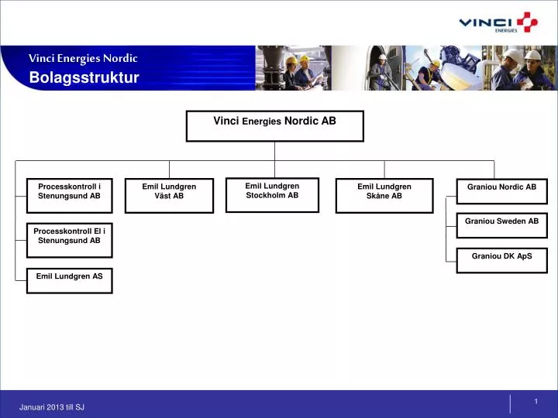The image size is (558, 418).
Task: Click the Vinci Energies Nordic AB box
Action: (x=274, y=125)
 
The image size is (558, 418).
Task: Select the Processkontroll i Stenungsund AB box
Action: (x=69, y=195)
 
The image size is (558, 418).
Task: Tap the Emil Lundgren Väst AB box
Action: (x=169, y=195)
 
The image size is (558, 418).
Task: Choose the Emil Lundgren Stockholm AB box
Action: (x=272, y=194)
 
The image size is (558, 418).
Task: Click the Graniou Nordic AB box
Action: (x=501, y=191)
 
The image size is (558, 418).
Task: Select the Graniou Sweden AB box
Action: (x=501, y=225)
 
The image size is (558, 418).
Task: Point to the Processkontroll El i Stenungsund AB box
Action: (x=69, y=239)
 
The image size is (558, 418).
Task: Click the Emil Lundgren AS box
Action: (x=69, y=280)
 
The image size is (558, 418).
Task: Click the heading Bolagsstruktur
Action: (x=84, y=77)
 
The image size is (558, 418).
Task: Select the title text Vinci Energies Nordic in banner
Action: (x=83, y=58)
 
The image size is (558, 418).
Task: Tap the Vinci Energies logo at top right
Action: (x=497, y=23)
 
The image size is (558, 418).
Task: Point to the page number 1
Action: (x=536, y=400)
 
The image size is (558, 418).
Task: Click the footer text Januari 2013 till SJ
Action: (x=52, y=407)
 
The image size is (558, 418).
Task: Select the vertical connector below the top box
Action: (x=274, y=151)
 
